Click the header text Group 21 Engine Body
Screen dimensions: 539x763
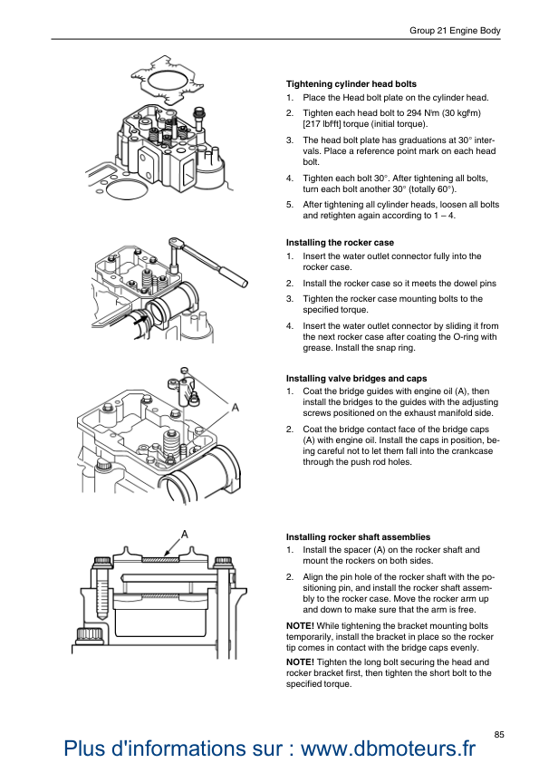coord(455,31)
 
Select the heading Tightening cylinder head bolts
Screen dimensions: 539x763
coord(351,84)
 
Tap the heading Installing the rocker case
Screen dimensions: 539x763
coord(340,243)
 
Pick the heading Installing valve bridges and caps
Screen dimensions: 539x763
coord(357,379)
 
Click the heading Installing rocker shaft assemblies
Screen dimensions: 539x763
coord(358,537)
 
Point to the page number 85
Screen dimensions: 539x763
coord(499,735)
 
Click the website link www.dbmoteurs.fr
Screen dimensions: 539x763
coord(389,748)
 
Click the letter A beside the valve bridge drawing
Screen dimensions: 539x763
coord(236,407)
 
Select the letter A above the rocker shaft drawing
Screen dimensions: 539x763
coord(185,535)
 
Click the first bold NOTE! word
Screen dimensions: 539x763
coord(300,626)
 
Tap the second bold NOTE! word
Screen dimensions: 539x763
coord(300,662)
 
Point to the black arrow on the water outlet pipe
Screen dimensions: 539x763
coord(140,320)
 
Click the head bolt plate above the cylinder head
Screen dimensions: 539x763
coord(167,81)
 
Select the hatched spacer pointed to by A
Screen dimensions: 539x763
coord(160,560)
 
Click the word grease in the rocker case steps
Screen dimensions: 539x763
coord(317,348)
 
